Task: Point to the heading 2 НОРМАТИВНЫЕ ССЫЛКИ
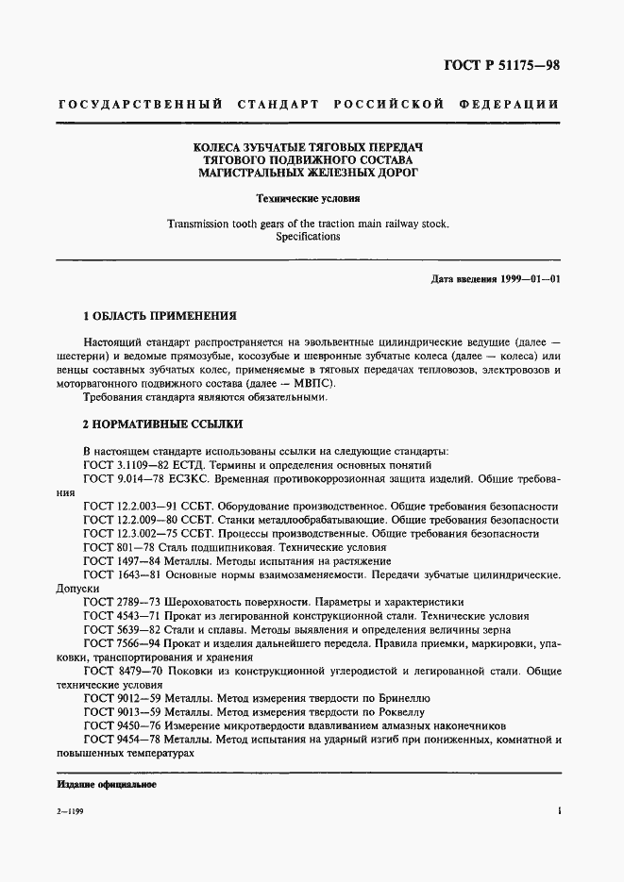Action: click(162, 424)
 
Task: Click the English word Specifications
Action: click(308, 238)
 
